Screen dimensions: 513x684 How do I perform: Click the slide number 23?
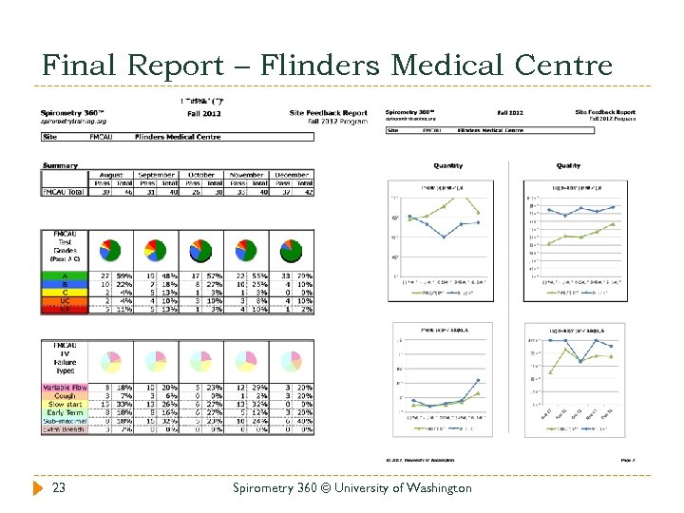point(59,487)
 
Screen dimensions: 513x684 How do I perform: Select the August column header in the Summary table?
point(110,176)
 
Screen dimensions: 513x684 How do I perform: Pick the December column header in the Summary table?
point(294,176)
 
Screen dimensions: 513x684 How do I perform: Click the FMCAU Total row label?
point(64,192)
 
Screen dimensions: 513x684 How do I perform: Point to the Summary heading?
point(60,166)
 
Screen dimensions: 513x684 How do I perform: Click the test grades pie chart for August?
point(110,251)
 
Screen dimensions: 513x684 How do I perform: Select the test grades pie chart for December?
point(293,251)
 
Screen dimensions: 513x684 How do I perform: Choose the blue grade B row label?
point(64,284)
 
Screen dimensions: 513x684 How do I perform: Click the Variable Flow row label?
point(64,388)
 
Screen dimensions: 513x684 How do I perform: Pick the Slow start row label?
point(64,404)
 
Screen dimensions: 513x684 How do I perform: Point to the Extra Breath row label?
point(64,428)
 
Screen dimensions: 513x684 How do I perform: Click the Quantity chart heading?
point(448,165)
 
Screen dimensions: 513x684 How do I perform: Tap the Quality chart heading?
point(568,165)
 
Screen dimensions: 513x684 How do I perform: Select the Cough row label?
point(64,395)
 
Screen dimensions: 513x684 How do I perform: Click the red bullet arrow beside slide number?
point(38,488)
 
